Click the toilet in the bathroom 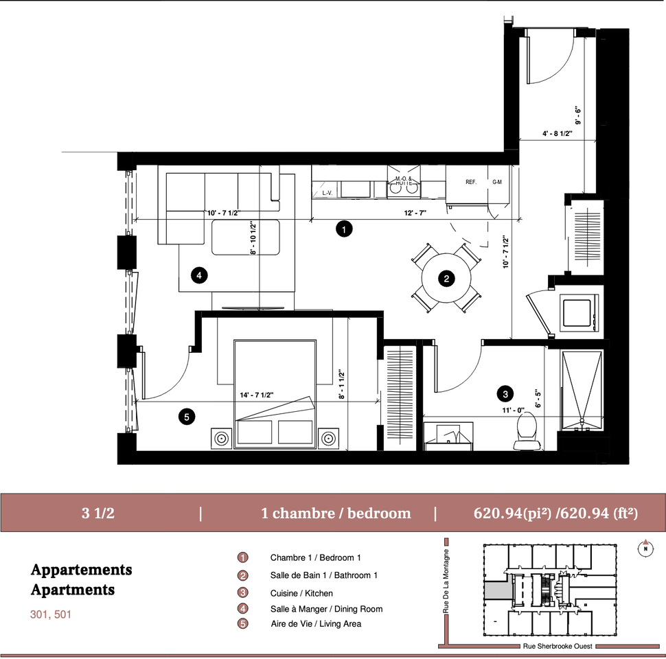527,431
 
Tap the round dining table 446,279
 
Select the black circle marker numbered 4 199,275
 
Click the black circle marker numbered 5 187,417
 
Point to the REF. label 471,182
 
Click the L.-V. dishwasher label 327,193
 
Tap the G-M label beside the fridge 497,182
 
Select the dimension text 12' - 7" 415,213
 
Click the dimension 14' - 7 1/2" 257,395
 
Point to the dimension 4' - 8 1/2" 558,133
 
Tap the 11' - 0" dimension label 513,411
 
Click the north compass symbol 645,548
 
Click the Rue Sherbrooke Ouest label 558,646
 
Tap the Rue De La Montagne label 446,581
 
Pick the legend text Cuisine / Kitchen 301,593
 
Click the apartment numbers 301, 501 51,614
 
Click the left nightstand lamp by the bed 221,438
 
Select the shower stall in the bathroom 582,390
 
